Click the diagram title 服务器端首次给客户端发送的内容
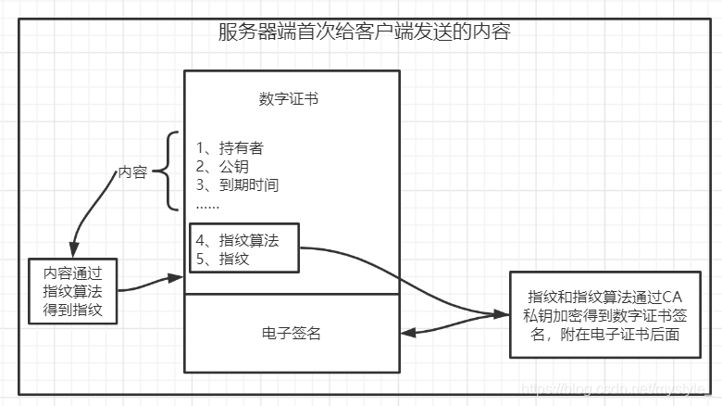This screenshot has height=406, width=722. point(364,33)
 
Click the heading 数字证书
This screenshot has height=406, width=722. point(289,99)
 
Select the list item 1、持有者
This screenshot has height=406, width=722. point(236,148)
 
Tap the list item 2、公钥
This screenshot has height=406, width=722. point(223,167)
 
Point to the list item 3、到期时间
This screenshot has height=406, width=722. point(238,184)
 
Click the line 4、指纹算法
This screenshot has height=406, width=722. point(237,240)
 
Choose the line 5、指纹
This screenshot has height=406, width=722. point(222,259)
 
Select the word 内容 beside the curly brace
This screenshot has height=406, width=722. point(132,172)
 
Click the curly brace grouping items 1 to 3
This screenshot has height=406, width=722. point(165,171)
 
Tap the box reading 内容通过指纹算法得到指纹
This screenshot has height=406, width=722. point(73,291)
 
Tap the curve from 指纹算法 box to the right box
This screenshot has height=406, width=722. point(398,278)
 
